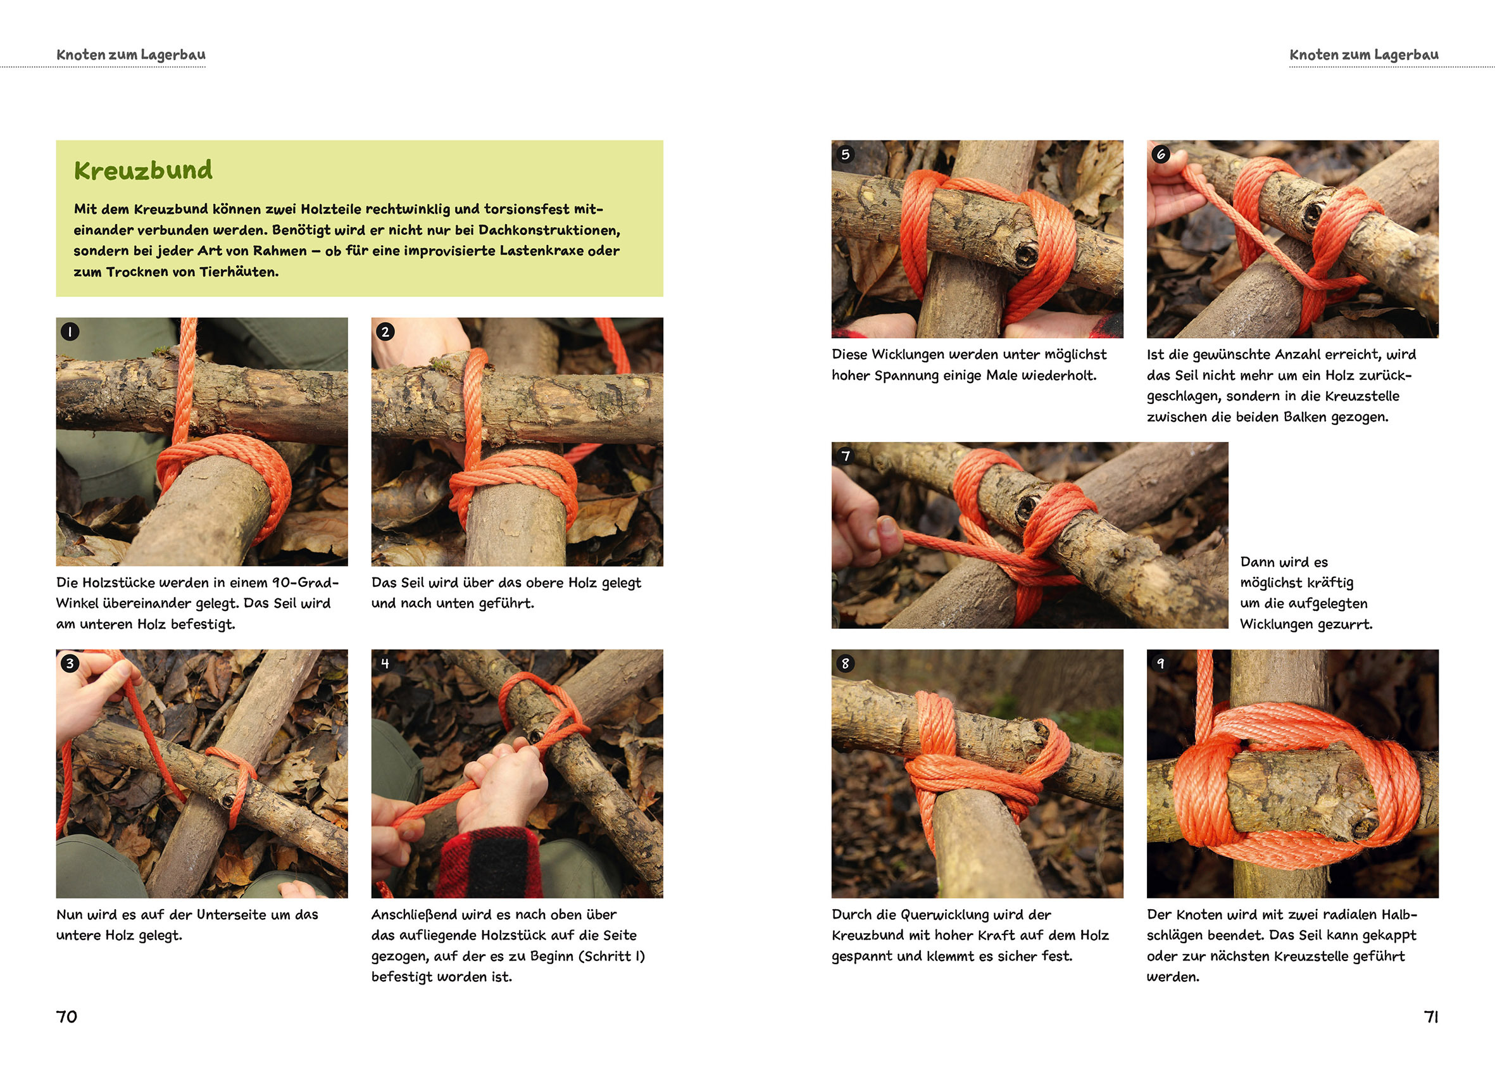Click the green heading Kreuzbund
(143, 170)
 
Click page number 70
(66, 1016)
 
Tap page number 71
(1430, 1016)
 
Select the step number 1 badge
(70, 331)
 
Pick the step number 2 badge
(385, 331)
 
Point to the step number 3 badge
(70, 663)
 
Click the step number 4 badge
(385, 663)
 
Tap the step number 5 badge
(846, 154)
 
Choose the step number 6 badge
(1161, 154)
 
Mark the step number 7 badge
(846, 456)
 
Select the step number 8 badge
(846, 663)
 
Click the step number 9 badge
(1161, 663)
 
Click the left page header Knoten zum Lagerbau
(131, 54)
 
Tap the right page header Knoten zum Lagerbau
(1364, 54)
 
